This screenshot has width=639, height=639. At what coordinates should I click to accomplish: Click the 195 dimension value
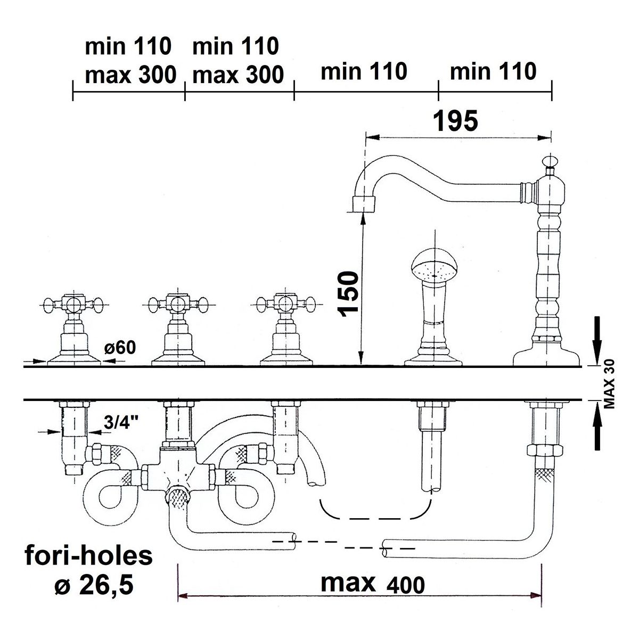point(456,121)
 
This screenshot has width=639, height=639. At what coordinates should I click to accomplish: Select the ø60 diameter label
point(120,348)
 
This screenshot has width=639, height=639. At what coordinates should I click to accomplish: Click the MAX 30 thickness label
point(609,383)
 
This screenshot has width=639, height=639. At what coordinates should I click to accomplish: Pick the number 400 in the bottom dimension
point(406,585)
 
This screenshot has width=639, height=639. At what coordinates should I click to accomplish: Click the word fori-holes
point(88,555)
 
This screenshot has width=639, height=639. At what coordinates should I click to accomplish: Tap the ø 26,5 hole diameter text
point(94,585)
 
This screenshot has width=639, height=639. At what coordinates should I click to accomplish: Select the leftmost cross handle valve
point(74,329)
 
